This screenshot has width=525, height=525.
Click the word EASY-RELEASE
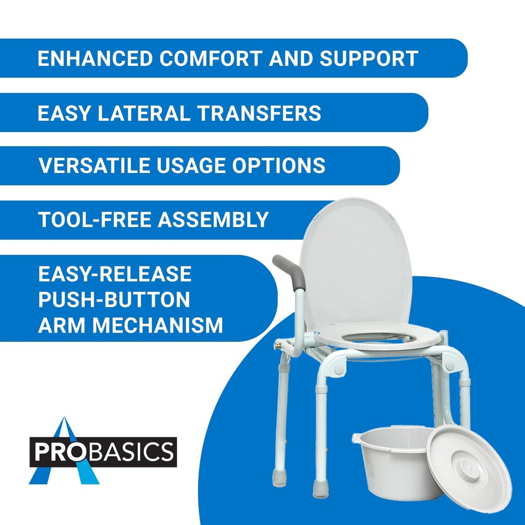click(115, 273)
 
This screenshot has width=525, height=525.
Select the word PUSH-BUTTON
click(114, 299)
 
